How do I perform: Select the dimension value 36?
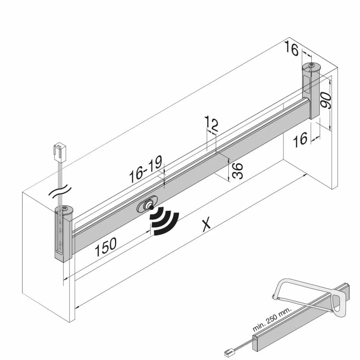pyautogui.click(x=237, y=171)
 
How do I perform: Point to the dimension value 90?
pyautogui.click(x=326, y=100)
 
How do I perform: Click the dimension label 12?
pyautogui.click(x=211, y=123)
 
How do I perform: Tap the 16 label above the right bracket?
pyautogui.click(x=292, y=49)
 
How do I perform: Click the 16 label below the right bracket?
pyautogui.click(x=300, y=139)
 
